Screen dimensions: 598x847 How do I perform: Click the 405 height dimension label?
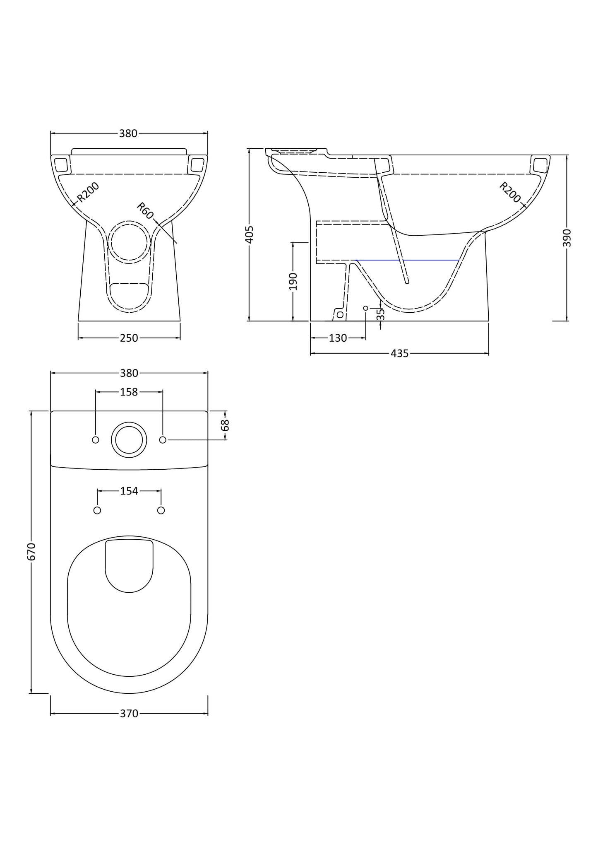(249, 235)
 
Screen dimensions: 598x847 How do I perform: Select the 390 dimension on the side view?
(567, 238)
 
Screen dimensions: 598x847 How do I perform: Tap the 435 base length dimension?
(400, 353)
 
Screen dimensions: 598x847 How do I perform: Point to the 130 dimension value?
(338, 338)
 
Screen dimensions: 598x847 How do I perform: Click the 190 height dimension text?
(293, 281)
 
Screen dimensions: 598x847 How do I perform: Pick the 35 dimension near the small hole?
(381, 314)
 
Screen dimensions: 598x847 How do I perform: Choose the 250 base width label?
(129, 338)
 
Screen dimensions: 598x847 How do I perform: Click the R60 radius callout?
(145, 211)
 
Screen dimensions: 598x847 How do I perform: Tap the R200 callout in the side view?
(510, 192)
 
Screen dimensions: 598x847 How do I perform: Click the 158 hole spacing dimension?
(129, 392)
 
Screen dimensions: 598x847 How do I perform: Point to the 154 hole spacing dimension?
(129, 491)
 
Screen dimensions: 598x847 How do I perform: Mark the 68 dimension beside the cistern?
(226, 425)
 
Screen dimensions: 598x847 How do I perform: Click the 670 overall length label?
(31, 552)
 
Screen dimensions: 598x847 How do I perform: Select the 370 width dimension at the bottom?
(129, 714)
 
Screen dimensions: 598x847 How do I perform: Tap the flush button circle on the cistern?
(129, 439)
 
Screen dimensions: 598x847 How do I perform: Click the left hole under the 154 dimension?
(97, 510)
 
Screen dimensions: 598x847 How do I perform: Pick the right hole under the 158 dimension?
(163, 439)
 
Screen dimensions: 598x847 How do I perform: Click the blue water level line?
(408, 260)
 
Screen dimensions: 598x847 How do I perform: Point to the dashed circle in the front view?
(129, 242)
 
